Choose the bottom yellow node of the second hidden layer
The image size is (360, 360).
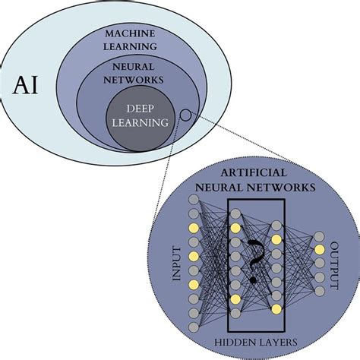[x=276, y=308]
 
